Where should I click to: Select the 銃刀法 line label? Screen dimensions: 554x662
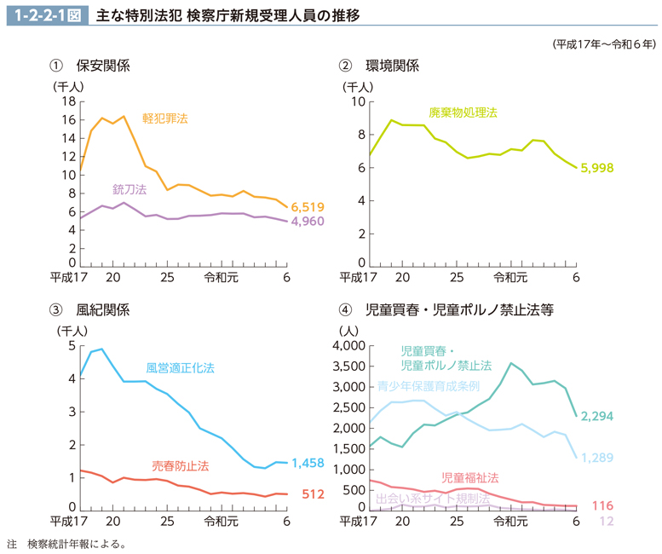click(x=130, y=188)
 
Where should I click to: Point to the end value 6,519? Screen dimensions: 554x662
click(x=308, y=207)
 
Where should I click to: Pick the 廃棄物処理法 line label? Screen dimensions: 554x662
click(x=463, y=113)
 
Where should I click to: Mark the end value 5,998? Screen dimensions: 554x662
click(x=596, y=168)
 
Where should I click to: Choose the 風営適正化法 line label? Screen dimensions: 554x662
click(x=180, y=368)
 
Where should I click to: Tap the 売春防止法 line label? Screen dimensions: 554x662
click(x=181, y=466)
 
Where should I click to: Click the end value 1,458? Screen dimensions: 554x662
click(x=308, y=463)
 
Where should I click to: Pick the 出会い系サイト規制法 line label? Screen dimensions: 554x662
click(x=432, y=498)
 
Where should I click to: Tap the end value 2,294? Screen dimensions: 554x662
click(x=596, y=416)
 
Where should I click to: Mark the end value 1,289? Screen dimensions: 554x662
click(x=596, y=458)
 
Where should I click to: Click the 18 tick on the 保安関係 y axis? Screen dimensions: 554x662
click(x=69, y=101)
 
